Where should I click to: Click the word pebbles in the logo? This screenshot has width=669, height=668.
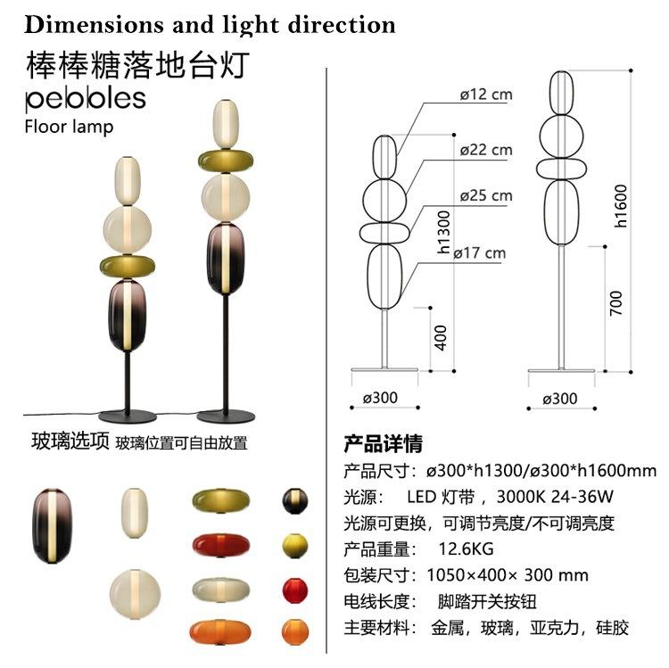click(x=86, y=96)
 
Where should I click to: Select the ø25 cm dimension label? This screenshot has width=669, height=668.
click(x=486, y=195)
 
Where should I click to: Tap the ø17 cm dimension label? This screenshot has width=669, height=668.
click(x=480, y=253)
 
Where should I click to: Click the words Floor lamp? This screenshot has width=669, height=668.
click(x=70, y=126)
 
